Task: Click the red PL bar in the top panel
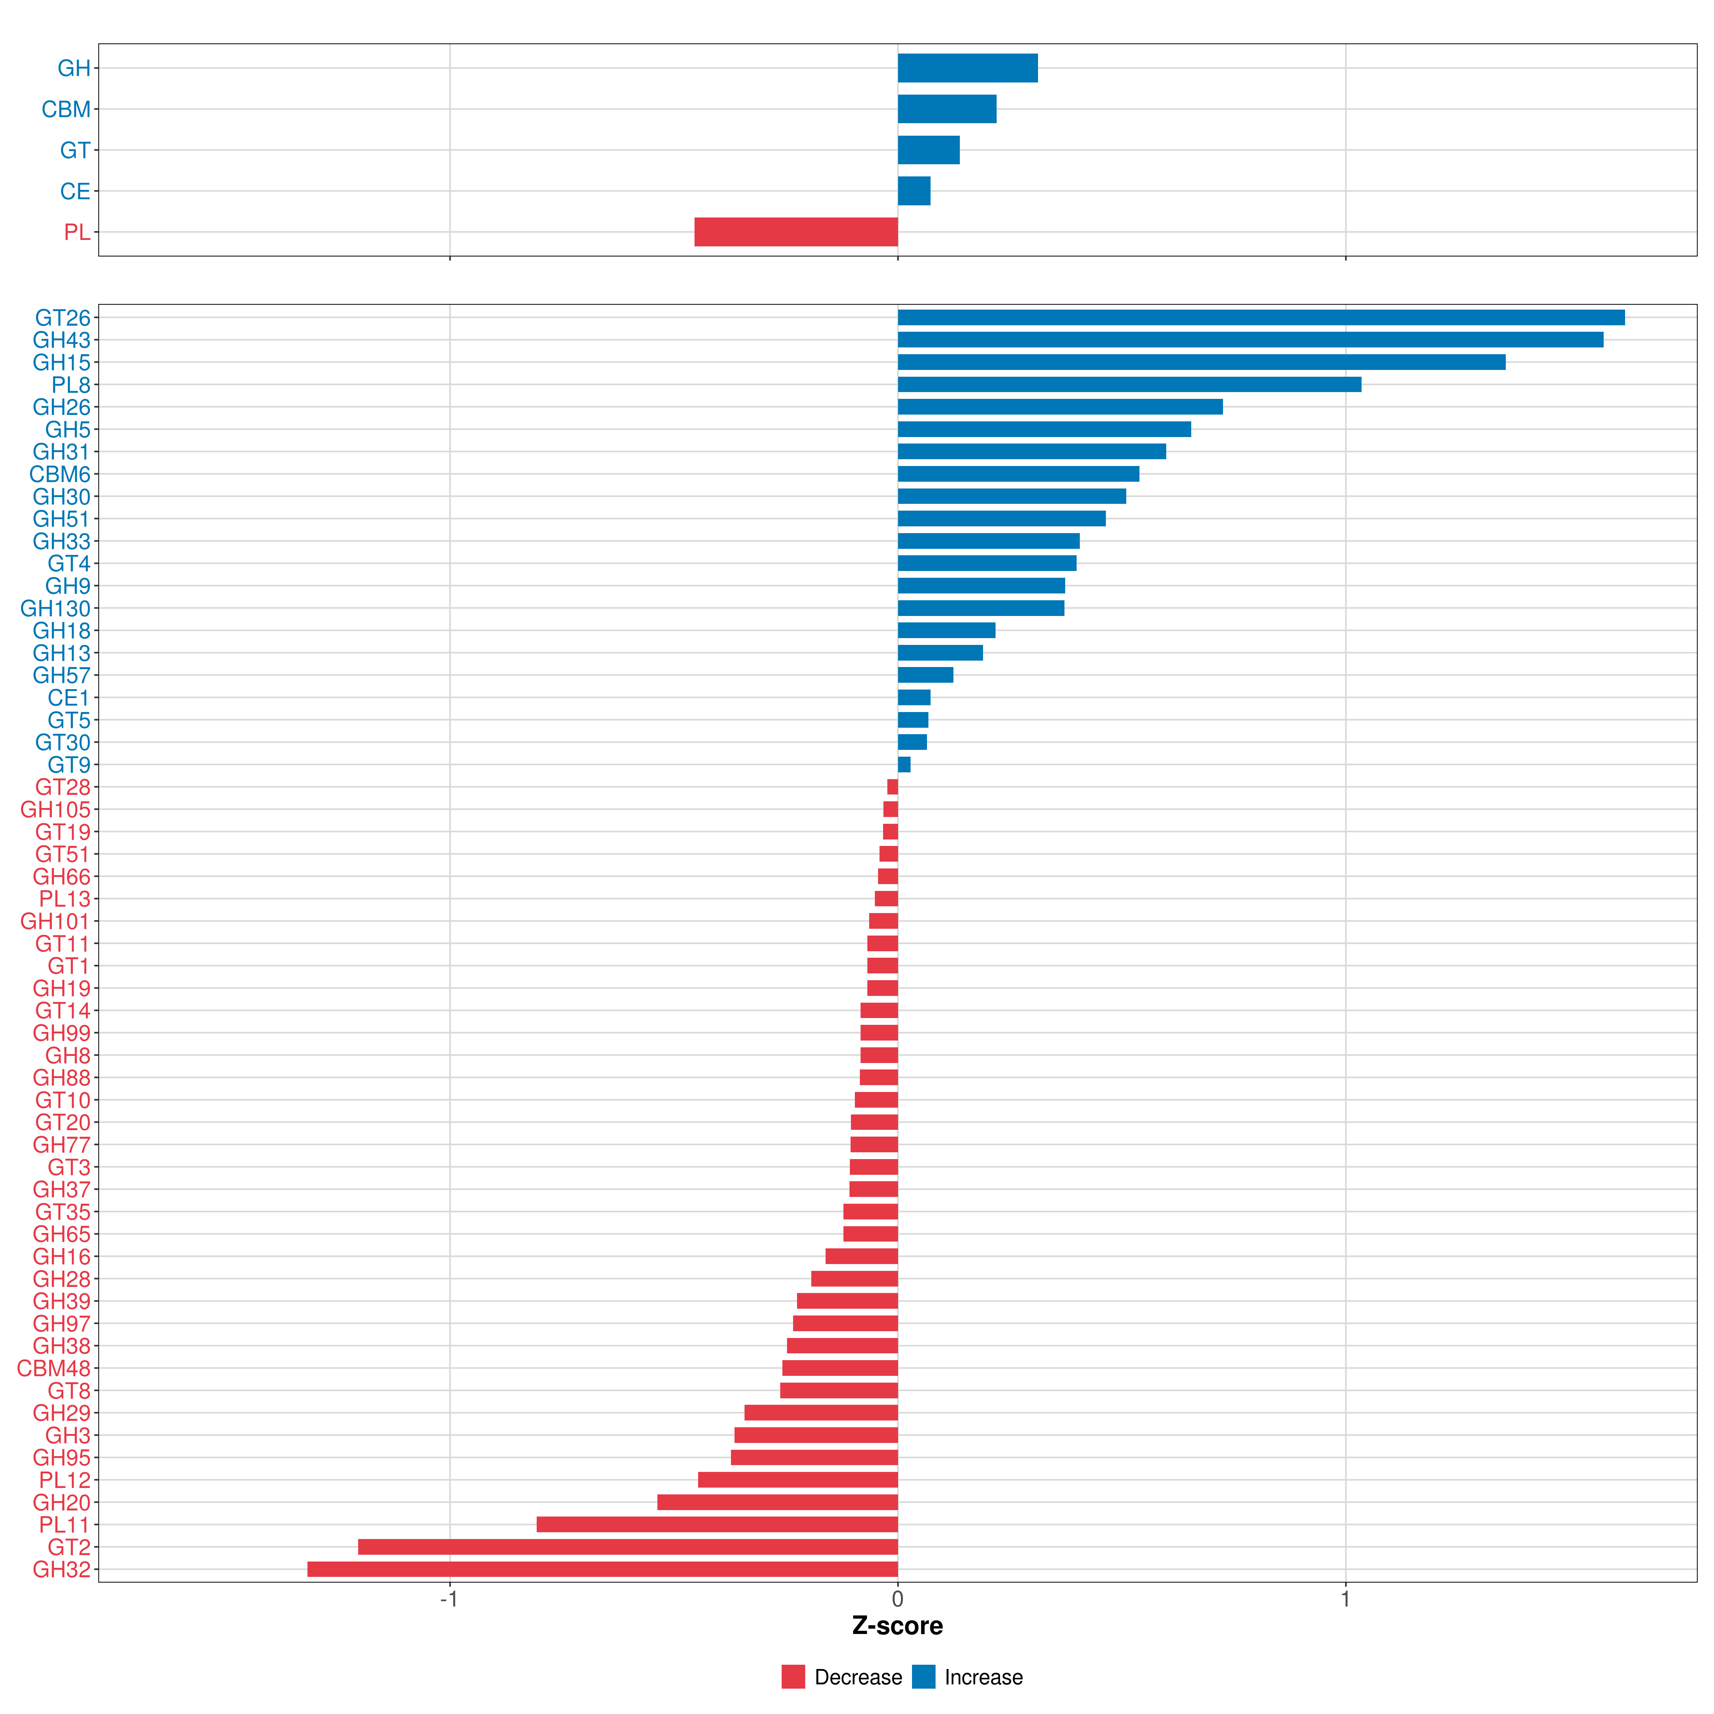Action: (x=796, y=231)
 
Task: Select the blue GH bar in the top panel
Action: (x=967, y=68)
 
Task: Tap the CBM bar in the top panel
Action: (x=947, y=109)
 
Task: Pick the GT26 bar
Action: (x=1261, y=317)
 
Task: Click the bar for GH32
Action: (x=602, y=1569)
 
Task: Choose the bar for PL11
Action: (x=717, y=1524)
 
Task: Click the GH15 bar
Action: (x=1201, y=362)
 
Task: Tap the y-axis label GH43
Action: (x=61, y=340)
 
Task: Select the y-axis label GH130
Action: (x=55, y=608)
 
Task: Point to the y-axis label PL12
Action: (x=65, y=1480)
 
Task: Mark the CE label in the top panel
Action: (x=75, y=192)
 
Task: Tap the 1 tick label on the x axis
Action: (x=1345, y=1600)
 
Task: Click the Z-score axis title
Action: (x=897, y=1626)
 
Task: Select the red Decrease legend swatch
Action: (x=793, y=1677)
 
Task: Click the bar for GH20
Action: (x=777, y=1502)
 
